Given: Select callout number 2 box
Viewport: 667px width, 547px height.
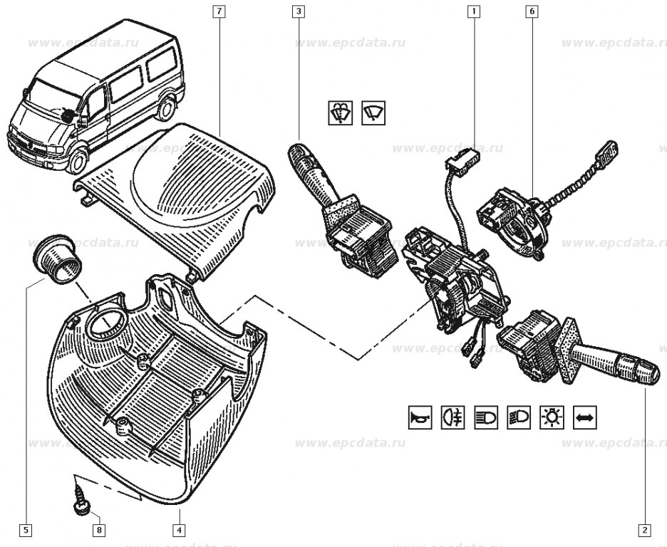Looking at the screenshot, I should coord(643,530).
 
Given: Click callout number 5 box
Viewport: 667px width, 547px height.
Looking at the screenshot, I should coord(26,530).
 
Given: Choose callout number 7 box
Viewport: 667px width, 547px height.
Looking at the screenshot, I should coord(219,11).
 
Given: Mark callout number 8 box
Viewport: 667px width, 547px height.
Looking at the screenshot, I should coord(99,530).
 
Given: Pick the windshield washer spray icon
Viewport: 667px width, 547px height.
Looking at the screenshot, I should coord(340,113).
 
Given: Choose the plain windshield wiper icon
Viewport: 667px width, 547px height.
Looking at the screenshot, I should coord(373,113).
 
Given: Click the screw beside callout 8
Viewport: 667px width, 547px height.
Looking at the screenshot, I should coord(81,499).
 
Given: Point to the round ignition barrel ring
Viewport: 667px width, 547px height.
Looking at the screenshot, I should coord(57,261).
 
